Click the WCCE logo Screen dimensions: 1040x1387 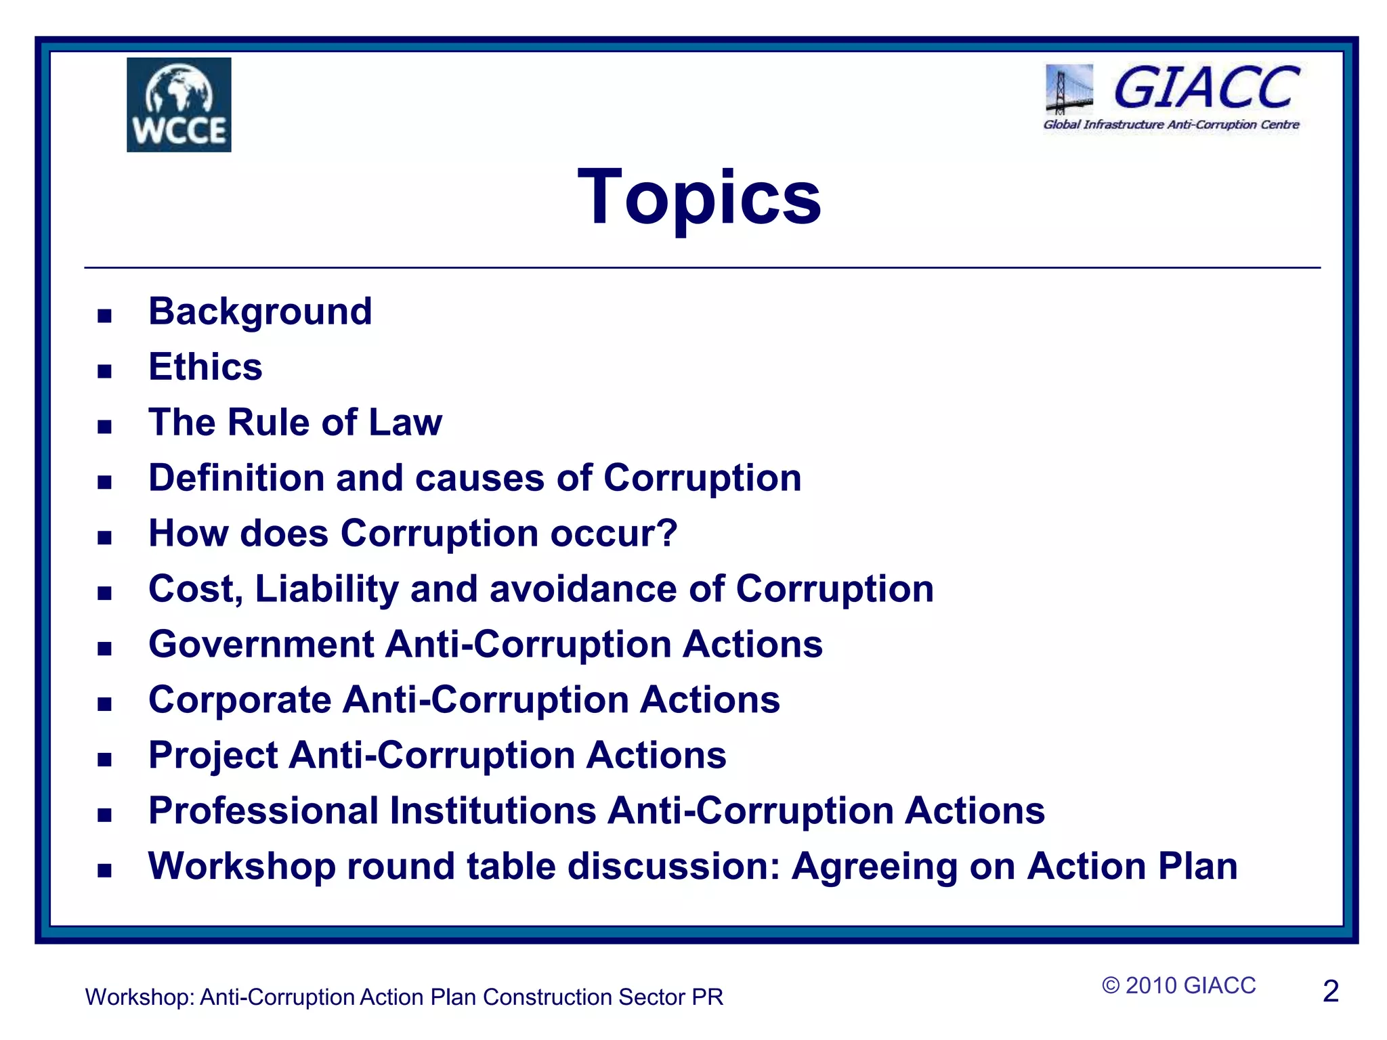tap(179, 105)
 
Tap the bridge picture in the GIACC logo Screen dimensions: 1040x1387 tap(1069, 89)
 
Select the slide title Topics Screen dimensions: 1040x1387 tap(700, 197)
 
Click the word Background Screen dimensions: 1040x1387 tap(260, 311)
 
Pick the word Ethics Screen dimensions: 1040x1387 tap(205, 367)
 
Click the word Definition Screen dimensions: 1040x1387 tap(236, 478)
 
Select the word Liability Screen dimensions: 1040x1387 tap(326, 589)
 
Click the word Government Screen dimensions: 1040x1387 tap(261, 644)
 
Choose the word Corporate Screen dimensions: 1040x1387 tap(240, 699)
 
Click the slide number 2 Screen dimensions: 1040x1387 tap(1330, 992)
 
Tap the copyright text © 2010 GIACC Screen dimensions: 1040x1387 tap(1178, 985)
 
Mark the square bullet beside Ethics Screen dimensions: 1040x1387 tap(104, 371)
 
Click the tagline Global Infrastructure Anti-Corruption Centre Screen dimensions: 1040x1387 tap(1171, 125)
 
